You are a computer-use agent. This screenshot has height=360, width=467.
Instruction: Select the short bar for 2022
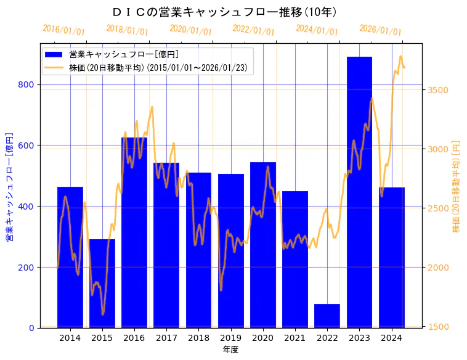click(x=327, y=316)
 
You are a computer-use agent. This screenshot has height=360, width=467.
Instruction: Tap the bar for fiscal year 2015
click(x=102, y=283)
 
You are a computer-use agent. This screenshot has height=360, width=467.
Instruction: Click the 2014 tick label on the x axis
click(x=70, y=338)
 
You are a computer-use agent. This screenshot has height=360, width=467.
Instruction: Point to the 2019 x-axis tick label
click(x=231, y=338)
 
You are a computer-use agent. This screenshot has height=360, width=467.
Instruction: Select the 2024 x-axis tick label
click(x=392, y=338)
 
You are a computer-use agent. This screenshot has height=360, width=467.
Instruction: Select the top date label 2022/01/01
click(x=253, y=31)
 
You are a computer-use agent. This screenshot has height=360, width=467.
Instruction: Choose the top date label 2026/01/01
click(x=380, y=31)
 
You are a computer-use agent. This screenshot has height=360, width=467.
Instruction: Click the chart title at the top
click(x=225, y=12)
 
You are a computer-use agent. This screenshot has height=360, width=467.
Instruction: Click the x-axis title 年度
click(x=230, y=350)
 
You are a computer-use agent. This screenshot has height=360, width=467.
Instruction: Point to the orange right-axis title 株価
click(x=457, y=186)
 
